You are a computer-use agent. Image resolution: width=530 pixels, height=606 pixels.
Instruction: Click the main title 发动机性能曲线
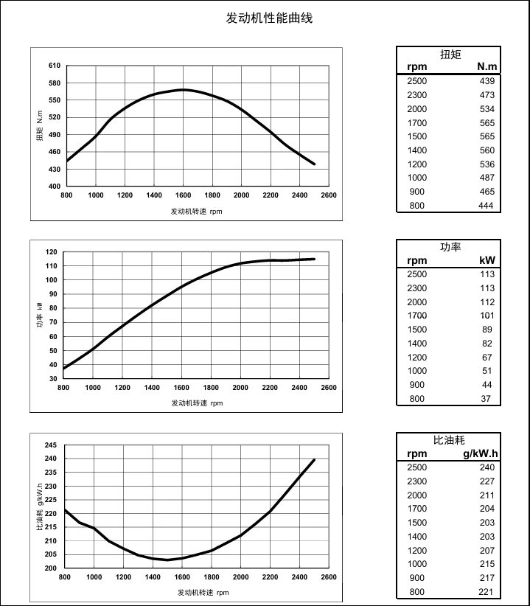(269, 18)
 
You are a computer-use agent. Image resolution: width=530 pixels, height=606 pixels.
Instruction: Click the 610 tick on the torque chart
(55, 66)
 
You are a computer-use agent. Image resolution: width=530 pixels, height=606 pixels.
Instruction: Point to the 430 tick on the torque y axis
(55, 169)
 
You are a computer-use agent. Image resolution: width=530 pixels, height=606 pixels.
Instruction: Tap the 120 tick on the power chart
(51, 252)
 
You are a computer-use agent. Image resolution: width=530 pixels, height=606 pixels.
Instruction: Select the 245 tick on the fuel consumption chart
(51, 445)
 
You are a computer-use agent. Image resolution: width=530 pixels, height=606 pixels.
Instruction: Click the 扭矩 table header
(450, 55)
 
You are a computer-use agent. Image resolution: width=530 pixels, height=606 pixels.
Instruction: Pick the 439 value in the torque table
(487, 81)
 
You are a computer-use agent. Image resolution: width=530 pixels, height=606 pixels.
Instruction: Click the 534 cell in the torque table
(487, 109)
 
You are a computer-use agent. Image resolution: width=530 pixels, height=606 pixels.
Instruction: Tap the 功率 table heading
(450, 247)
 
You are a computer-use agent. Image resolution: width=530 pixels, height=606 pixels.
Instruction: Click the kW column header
(487, 260)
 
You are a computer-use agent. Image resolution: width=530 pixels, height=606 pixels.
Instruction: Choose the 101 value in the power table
(487, 316)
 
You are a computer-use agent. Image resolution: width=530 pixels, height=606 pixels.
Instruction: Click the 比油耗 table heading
(450, 440)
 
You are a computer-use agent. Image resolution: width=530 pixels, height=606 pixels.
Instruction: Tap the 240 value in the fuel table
(487, 467)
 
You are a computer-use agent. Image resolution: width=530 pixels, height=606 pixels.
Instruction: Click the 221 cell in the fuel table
(487, 592)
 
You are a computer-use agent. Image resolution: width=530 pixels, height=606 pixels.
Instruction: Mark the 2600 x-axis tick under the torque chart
(329, 195)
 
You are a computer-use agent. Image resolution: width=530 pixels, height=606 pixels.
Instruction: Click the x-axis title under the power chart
(197, 403)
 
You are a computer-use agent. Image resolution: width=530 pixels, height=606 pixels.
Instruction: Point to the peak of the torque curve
(184, 90)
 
